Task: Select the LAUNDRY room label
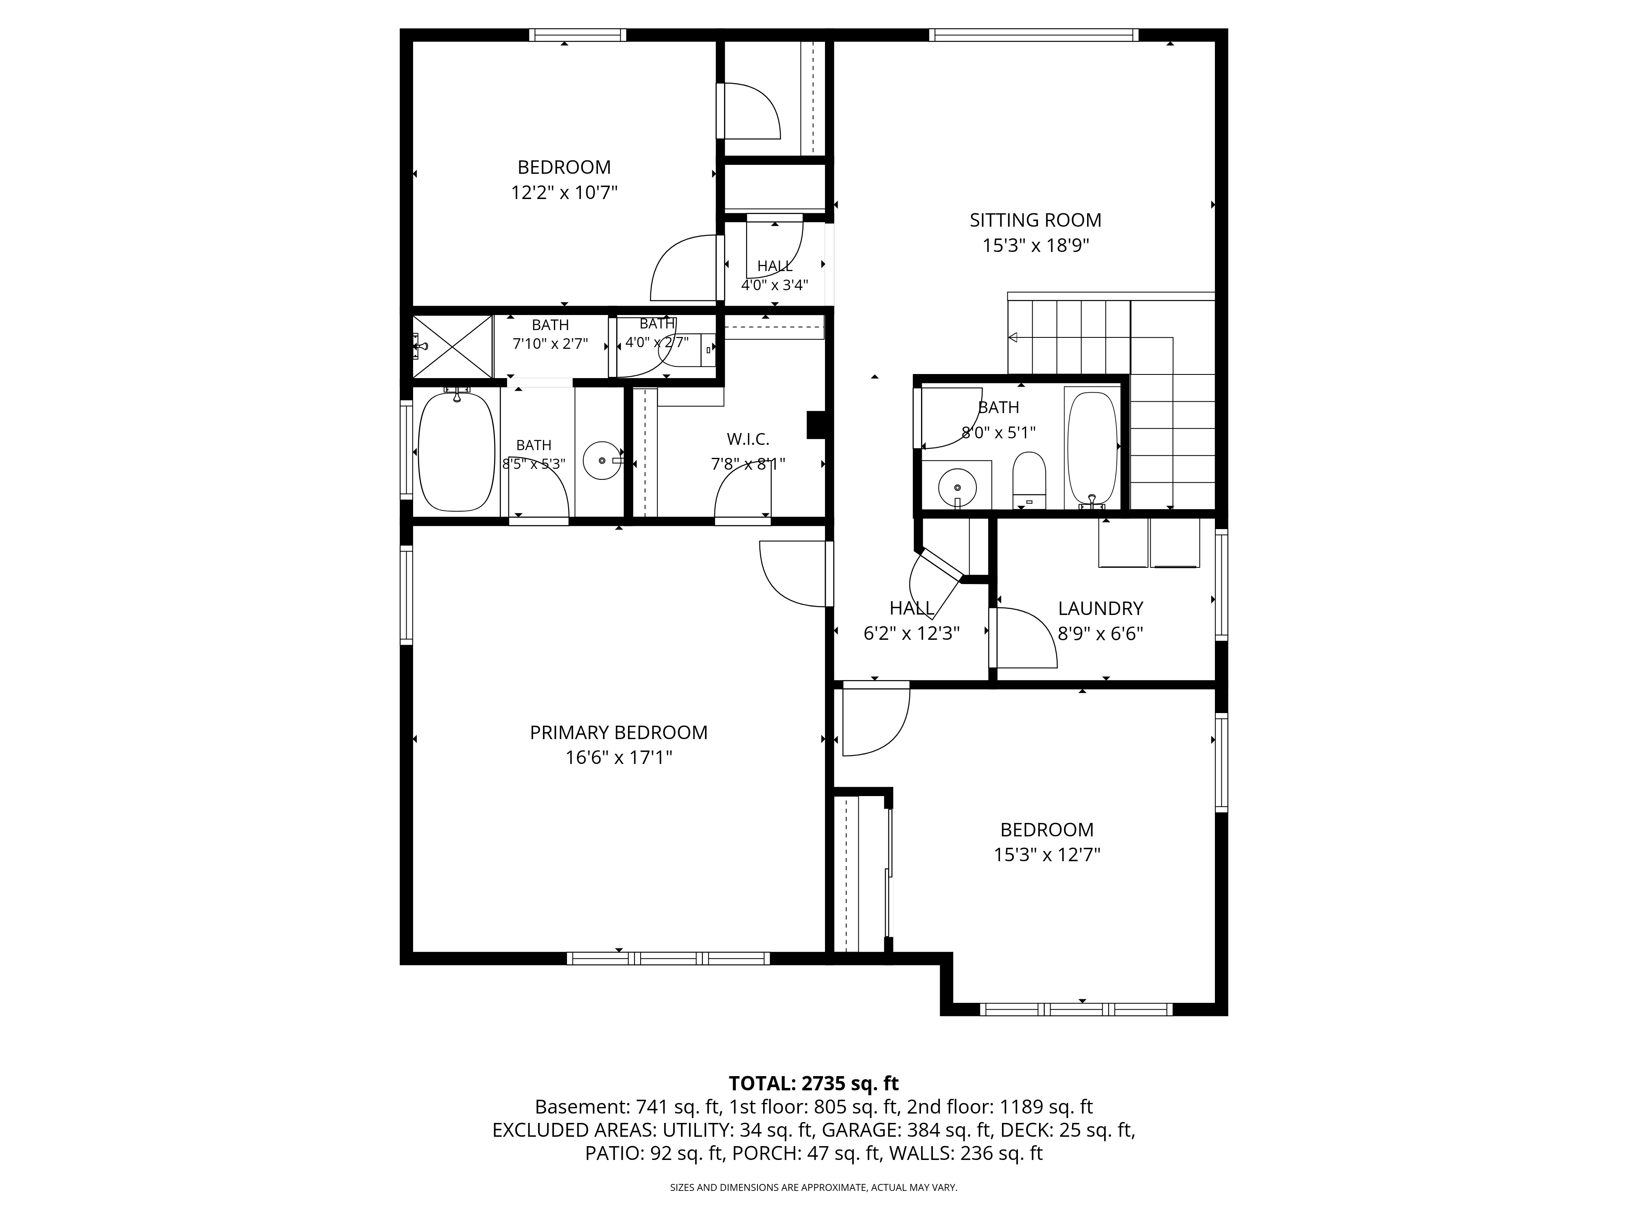click(x=1100, y=608)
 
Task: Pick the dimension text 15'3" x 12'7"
click(x=1046, y=854)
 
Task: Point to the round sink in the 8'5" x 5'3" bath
click(x=602, y=461)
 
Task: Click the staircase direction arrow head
click(x=1013, y=338)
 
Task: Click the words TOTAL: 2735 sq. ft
click(x=813, y=1083)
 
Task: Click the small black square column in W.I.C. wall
click(x=816, y=425)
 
